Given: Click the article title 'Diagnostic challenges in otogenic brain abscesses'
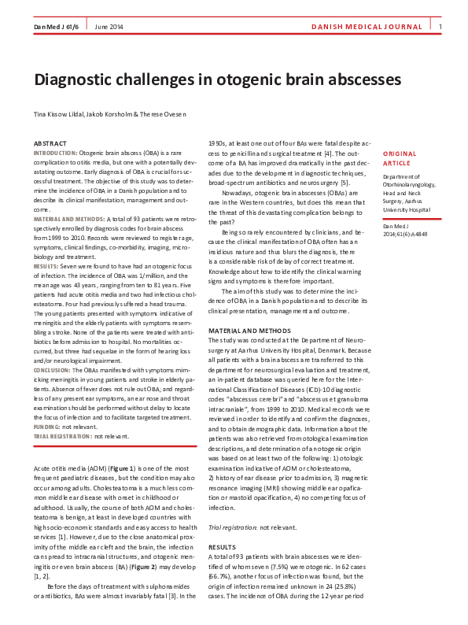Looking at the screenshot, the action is click(x=216, y=80).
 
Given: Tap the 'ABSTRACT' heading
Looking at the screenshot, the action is click(x=50, y=143).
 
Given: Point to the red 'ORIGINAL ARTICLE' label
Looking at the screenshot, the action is click(x=400, y=158).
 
